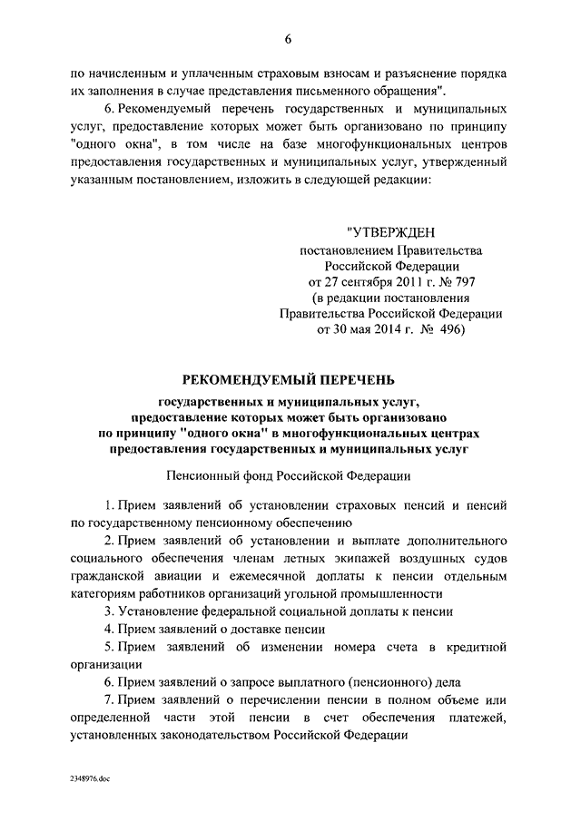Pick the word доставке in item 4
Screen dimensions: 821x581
pos(258,629)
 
